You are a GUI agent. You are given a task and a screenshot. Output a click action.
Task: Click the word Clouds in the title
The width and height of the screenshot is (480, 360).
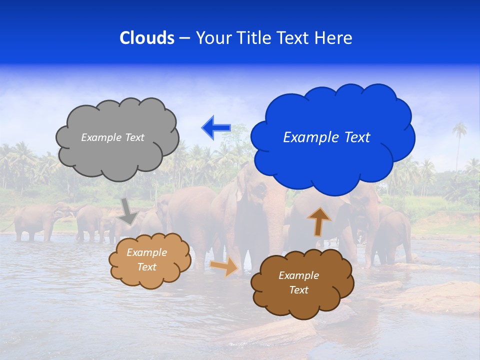coord(147,38)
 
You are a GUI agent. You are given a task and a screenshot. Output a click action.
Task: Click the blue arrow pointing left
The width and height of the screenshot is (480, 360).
coord(215,128)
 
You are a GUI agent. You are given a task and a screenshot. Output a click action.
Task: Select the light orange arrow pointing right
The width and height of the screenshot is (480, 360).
coord(224,267)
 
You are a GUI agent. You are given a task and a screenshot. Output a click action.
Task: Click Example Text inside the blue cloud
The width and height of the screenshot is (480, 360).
coord(326,137)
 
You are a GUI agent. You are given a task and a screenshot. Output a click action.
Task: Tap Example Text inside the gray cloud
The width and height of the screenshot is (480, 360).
coord(112,137)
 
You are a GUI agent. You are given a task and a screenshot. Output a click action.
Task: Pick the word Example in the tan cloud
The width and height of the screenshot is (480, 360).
coord(146,252)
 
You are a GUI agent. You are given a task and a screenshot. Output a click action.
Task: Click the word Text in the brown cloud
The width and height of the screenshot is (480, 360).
coord(298,290)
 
